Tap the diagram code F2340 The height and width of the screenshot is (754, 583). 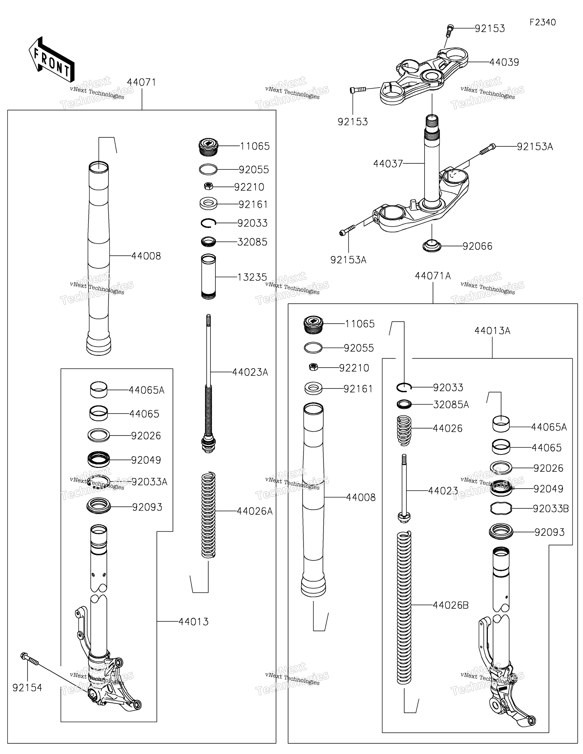(x=543, y=22)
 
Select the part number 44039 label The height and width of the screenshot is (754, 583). (x=504, y=63)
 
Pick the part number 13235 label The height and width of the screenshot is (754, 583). (x=252, y=277)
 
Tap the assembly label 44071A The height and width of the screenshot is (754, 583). (x=433, y=276)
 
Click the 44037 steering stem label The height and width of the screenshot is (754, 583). (x=388, y=164)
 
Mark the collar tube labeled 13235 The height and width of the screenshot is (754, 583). (x=208, y=277)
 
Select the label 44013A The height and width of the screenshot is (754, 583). (x=492, y=331)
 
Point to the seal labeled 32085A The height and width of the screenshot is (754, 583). (x=404, y=404)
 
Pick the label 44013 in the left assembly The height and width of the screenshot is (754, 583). (x=194, y=622)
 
